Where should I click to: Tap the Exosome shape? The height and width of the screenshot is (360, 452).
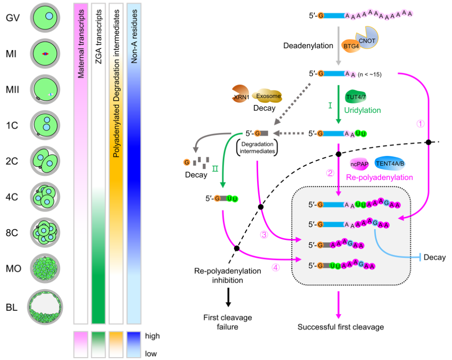pyautogui.click(x=268, y=96)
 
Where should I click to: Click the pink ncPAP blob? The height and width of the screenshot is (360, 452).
pyautogui.click(x=359, y=163)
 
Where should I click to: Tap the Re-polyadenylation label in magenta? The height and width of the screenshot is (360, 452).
pyautogui.click(x=380, y=177)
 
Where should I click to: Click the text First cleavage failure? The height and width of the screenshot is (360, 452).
pyautogui.click(x=227, y=321)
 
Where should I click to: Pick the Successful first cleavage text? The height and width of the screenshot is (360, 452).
pyautogui.click(x=340, y=326)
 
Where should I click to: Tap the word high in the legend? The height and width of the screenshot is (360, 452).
pyautogui.click(x=153, y=336)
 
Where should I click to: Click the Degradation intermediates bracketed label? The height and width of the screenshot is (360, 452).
pyautogui.click(x=256, y=146)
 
